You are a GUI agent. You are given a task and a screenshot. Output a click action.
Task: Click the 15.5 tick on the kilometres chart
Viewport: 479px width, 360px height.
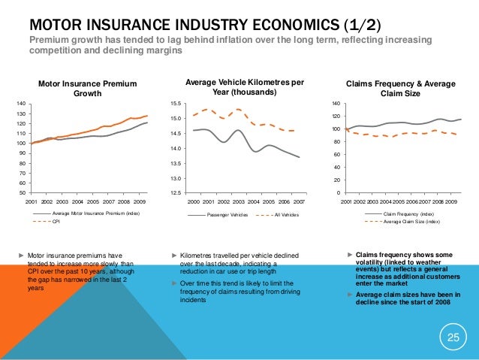coord(175,104)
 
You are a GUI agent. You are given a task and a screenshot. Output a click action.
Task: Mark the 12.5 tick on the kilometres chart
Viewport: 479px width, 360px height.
coord(175,193)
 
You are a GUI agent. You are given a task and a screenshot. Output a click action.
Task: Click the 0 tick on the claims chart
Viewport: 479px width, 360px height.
coord(337,193)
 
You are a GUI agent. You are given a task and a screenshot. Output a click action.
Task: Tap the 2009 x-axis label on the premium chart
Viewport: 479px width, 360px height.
coord(139,202)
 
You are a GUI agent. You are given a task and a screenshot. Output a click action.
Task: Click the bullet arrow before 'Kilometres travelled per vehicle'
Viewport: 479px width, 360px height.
coord(175,256)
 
